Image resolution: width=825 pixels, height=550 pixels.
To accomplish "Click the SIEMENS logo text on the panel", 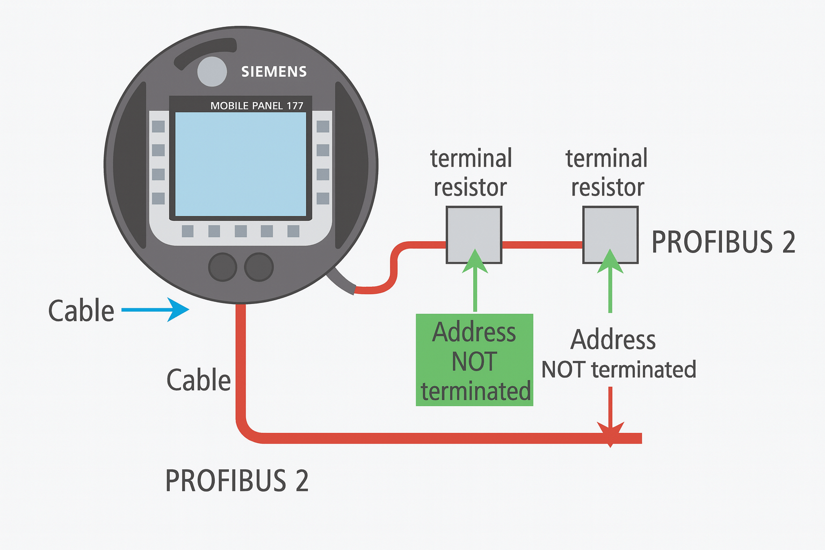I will pyautogui.click(x=274, y=71).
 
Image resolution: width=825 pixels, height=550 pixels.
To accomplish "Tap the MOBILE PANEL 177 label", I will pyautogui.click(x=257, y=106).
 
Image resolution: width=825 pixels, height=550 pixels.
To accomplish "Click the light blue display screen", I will pyautogui.click(x=241, y=164).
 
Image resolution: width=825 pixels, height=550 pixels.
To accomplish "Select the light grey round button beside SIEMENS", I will pyautogui.click(x=212, y=71).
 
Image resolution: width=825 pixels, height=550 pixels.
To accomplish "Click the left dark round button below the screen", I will pyautogui.click(x=222, y=267).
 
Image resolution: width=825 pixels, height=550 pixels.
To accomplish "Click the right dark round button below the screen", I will pyautogui.click(x=259, y=267).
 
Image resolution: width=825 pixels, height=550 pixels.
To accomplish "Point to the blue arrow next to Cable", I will pyautogui.click(x=156, y=310).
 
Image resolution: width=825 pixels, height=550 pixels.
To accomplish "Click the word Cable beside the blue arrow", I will pyautogui.click(x=81, y=311).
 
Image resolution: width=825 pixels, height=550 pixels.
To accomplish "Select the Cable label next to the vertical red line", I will pyautogui.click(x=198, y=380).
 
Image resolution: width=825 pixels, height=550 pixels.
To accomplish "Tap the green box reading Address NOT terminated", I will pyautogui.click(x=475, y=360).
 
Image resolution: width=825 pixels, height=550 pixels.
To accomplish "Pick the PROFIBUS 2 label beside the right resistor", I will pyautogui.click(x=723, y=242).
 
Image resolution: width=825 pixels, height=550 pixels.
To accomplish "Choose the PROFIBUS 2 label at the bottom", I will pyautogui.click(x=237, y=481).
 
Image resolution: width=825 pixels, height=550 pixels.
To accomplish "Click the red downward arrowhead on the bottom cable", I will pyautogui.click(x=610, y=432).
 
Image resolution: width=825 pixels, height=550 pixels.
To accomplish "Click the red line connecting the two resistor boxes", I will pyautogui.click(x=542, y=245).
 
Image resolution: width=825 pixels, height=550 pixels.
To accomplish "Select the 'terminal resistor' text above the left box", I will pyautogui.click(x=471, y=173).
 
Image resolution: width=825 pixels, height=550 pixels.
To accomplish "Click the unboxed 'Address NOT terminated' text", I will pyautogui.click(x=618, y=354).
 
